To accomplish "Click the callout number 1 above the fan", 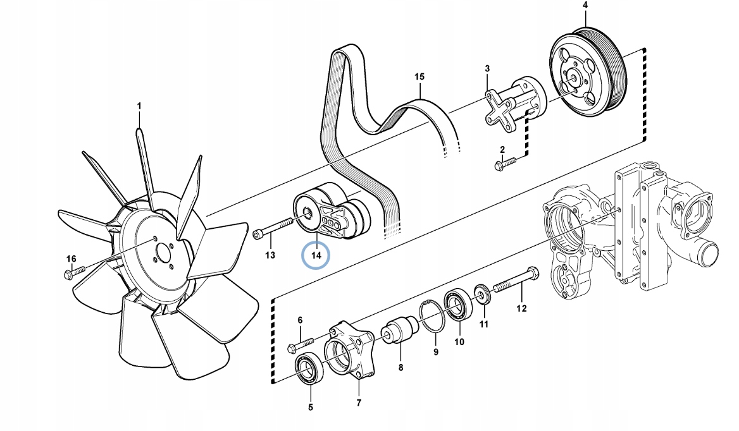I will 140,105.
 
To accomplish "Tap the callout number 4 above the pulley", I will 585,6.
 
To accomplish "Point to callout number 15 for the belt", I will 419,77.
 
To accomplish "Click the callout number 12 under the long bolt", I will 521,308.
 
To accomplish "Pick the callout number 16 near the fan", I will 71,259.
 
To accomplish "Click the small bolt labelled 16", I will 74,272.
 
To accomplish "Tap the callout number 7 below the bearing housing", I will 358,403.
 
